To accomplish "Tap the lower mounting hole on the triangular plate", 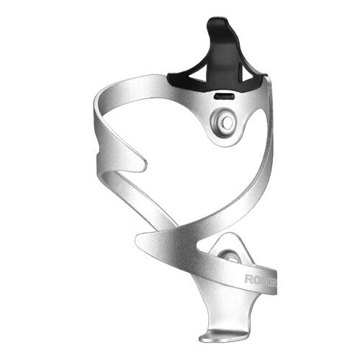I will tap(230, 255).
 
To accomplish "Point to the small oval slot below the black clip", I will tap(225, 94).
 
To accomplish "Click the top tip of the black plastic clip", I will tap(218, 22).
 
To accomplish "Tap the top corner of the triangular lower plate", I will tap(235, 235).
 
